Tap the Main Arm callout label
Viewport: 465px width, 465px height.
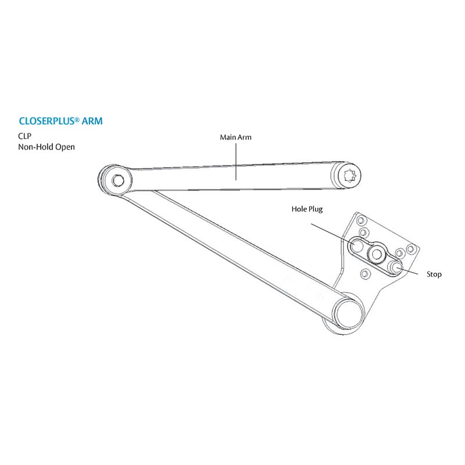click(x=235, y=137)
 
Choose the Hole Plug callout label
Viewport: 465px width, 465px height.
click(x=307, y=208)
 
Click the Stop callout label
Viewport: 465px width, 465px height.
click(x=434, y=274)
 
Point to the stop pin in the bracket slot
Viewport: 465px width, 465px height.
click(x=396, y=267)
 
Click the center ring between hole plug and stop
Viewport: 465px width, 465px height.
click(x=376, y=252)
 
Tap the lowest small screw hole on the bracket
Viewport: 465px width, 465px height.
click(x=364, y=273)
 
